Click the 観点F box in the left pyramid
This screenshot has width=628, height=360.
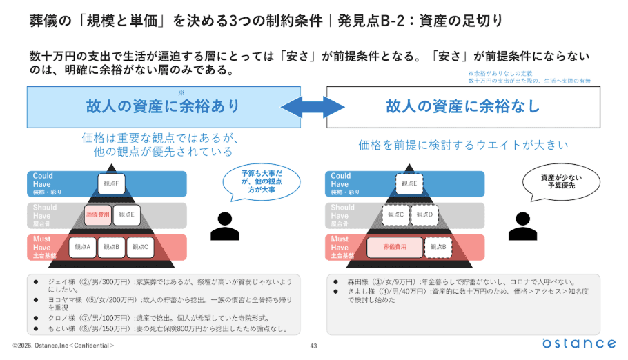click(x=110, y=183)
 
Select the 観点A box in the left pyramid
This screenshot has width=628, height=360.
click(x=83, y=246)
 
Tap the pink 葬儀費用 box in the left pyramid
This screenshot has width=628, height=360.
click(x=97, y=214)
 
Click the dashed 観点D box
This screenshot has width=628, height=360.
click(x=424, y=214)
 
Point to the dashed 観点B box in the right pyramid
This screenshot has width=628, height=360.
click(x=438, y=246)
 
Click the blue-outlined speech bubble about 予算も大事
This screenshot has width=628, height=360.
click(x=260, y=180)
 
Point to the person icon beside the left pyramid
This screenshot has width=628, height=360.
click(x=224, y=223)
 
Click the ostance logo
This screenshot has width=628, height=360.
click(x=578, y=343)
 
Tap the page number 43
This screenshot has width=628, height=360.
click(x=313, y=346)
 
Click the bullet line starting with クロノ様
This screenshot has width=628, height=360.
click(x=159, y=319)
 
